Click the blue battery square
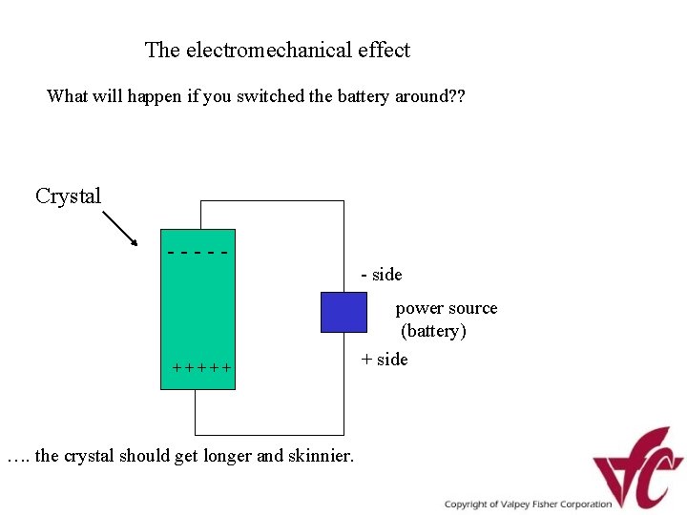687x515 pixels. [343, 312]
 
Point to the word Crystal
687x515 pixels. [68, 196]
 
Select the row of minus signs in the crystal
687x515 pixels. [198, 253]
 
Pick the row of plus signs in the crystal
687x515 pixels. [201, 367]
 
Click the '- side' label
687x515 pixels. [382, 275]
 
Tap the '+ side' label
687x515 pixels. [384, 359]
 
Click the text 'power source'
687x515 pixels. [447, 308]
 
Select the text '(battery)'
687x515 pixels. [433, 331]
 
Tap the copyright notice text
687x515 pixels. [528, 504]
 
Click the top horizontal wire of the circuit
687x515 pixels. [272, 201]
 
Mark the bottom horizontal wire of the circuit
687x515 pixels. [269, 434]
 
